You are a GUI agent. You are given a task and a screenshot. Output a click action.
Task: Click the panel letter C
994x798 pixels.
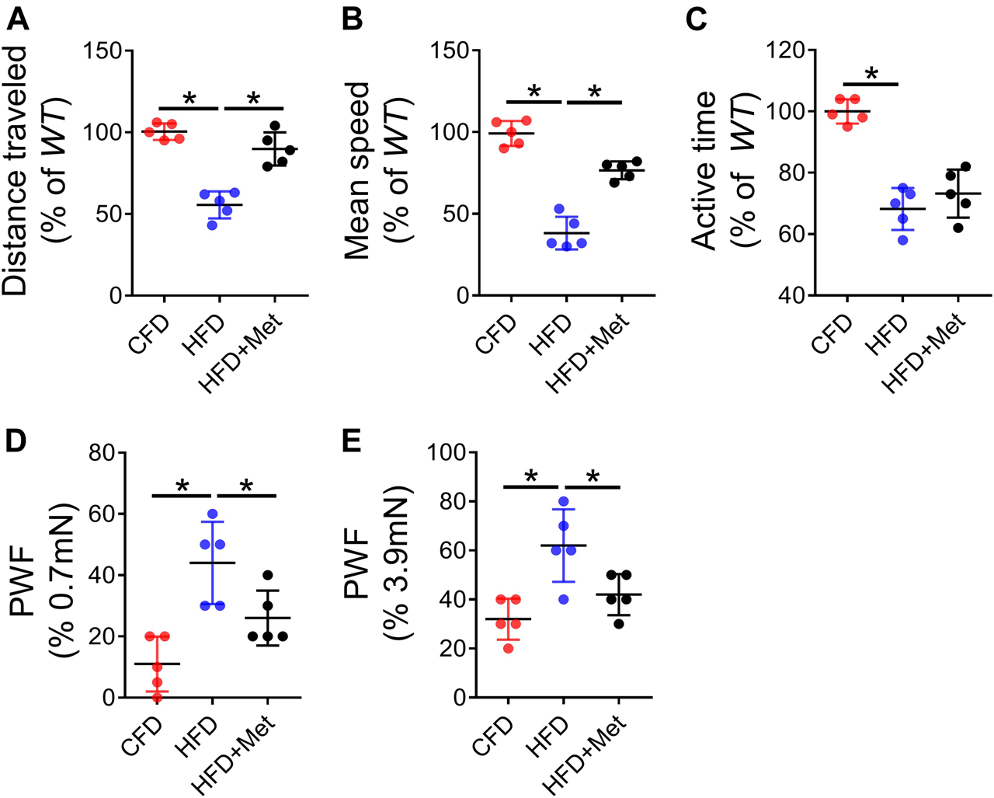point(696,19)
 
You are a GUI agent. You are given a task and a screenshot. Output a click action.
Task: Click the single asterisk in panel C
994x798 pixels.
point(871,75)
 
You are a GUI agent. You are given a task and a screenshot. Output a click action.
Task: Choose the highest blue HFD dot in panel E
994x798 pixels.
point(564,501)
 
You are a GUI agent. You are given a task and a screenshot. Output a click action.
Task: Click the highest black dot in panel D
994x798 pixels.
point(268,575)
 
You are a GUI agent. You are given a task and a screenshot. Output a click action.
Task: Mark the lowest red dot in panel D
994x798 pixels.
point(157,697)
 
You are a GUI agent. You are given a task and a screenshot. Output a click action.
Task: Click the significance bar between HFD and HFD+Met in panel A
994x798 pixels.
point(254,108)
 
